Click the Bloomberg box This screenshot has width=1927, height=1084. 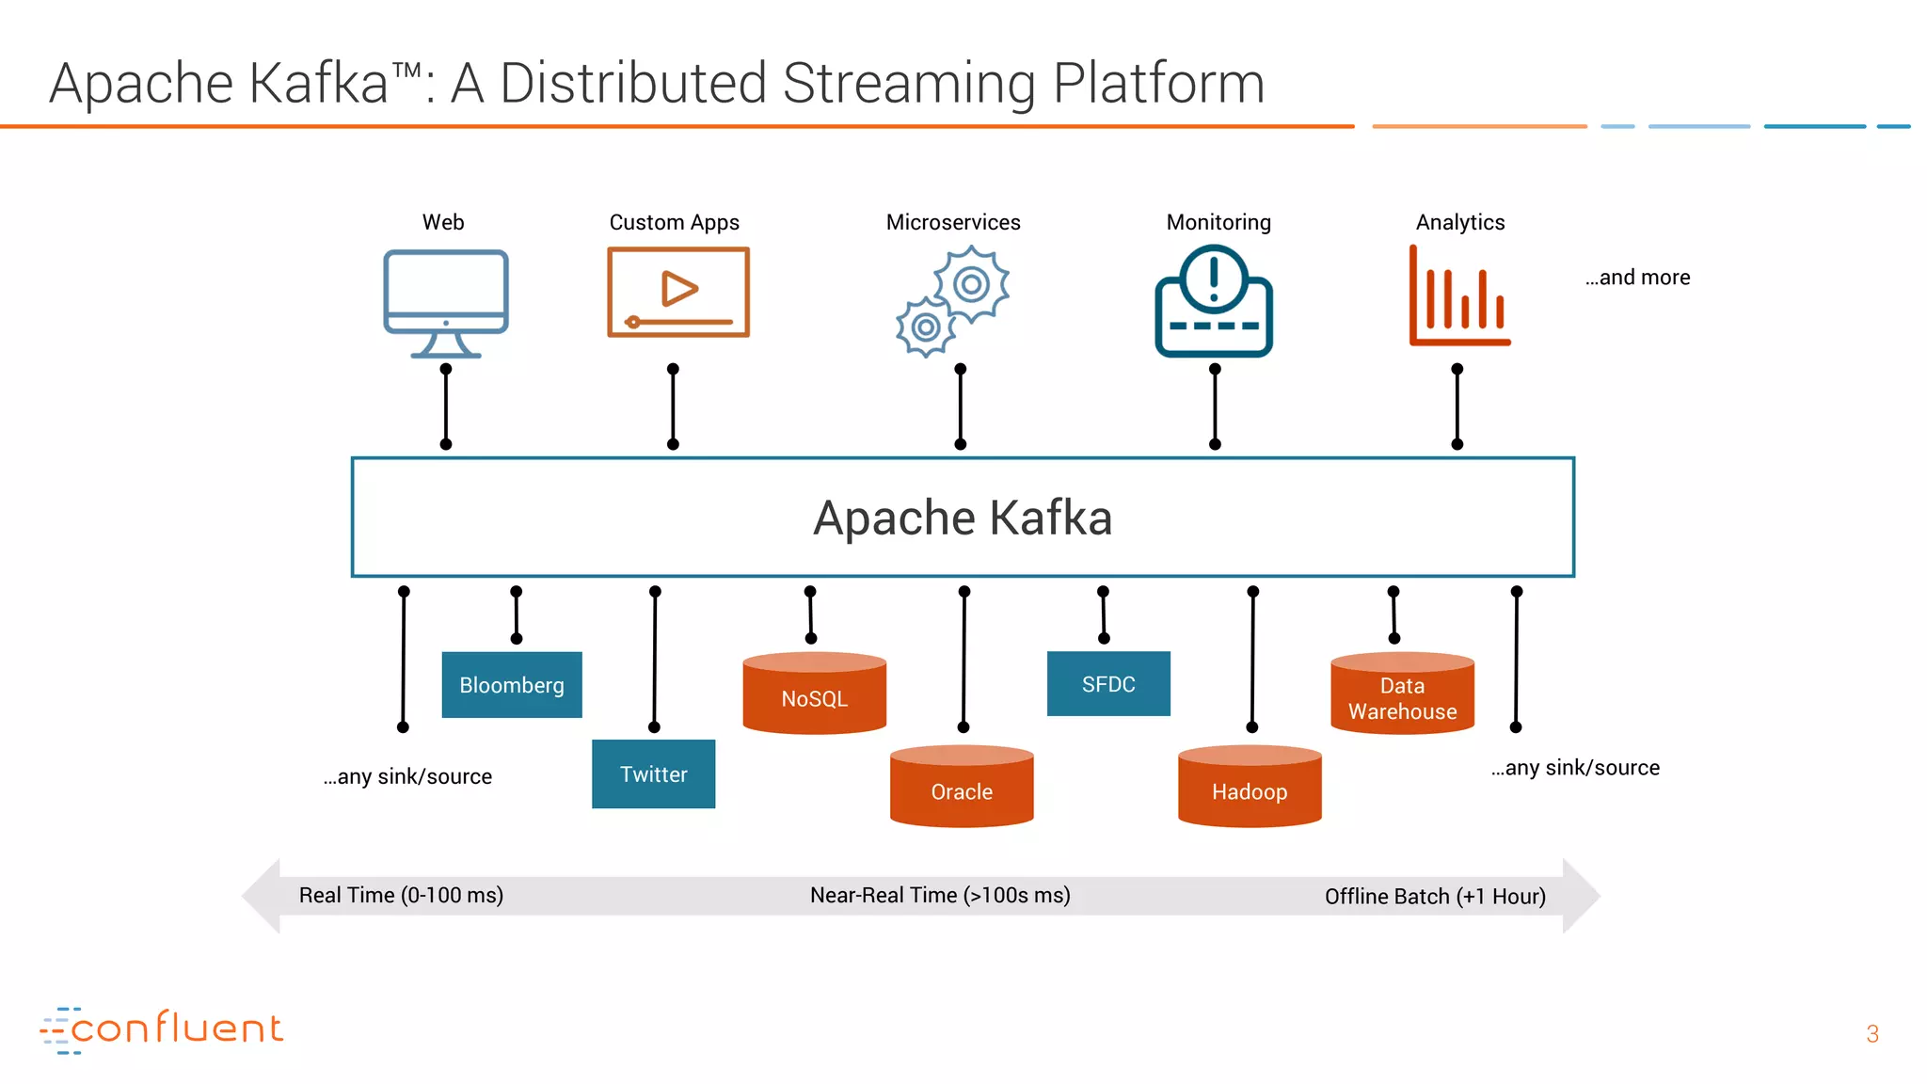[x=512, y=685]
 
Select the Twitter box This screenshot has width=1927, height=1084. [x=653, y=774]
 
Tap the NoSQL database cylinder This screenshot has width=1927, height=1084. [x=814, y=694]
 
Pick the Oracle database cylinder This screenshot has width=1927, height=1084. [x=962, y=788]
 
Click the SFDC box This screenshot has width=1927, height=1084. [x=1108, y=684]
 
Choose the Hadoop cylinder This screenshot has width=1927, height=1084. [x=1250, y=788]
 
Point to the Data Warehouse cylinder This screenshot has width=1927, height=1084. [x=1402, y=694]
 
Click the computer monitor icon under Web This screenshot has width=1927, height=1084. [x=446, y=301]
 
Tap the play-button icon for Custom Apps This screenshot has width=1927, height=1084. [x=678, y=292]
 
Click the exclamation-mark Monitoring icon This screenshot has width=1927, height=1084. [x=1214, y=301]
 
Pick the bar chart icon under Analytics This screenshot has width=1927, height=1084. [x=1459, y=296]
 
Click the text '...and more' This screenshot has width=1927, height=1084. [x=1638, y=278]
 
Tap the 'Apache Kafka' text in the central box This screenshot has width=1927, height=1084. [x=963, y=518]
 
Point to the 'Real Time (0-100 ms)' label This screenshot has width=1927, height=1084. [x=401, y=895]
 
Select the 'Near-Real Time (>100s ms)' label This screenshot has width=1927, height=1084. [x=940, y=895]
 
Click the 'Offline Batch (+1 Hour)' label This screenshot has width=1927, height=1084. [x=1435, y=897]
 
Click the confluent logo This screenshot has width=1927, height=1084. [x=162, y=1029]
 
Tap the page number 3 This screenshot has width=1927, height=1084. [x=1872, y=1034]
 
